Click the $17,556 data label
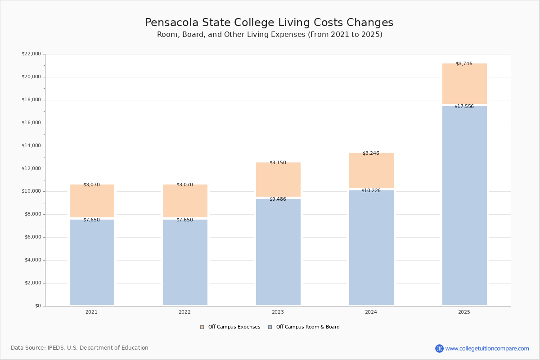pyautogui.click(x=464, y=107)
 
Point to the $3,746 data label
pyautogui.click(x=464, y=64)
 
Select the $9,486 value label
pyautogui.click(x=278, y=199)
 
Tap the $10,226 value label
pyautogui.click(x=371, y=191)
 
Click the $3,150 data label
pyautogui.click(x=278, y=163)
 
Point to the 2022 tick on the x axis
pyautogui.click(x=184, y=312)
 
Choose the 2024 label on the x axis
pyautogui.click(x=371, y=312)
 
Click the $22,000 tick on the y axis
pyautogui.click(x=31, y=54)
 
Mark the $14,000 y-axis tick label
pyautogui.click(x=31, y=146)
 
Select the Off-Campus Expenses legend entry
pyautogui.click(x=230, y=327)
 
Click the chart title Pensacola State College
pyautogui.click(x=269, y=23)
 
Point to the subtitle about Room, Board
pyautogui.click(x=270, y=35)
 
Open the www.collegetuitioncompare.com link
pyautogui.click(x=487, y=348)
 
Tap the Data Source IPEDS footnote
pyautogui.click(x=80, y=348)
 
